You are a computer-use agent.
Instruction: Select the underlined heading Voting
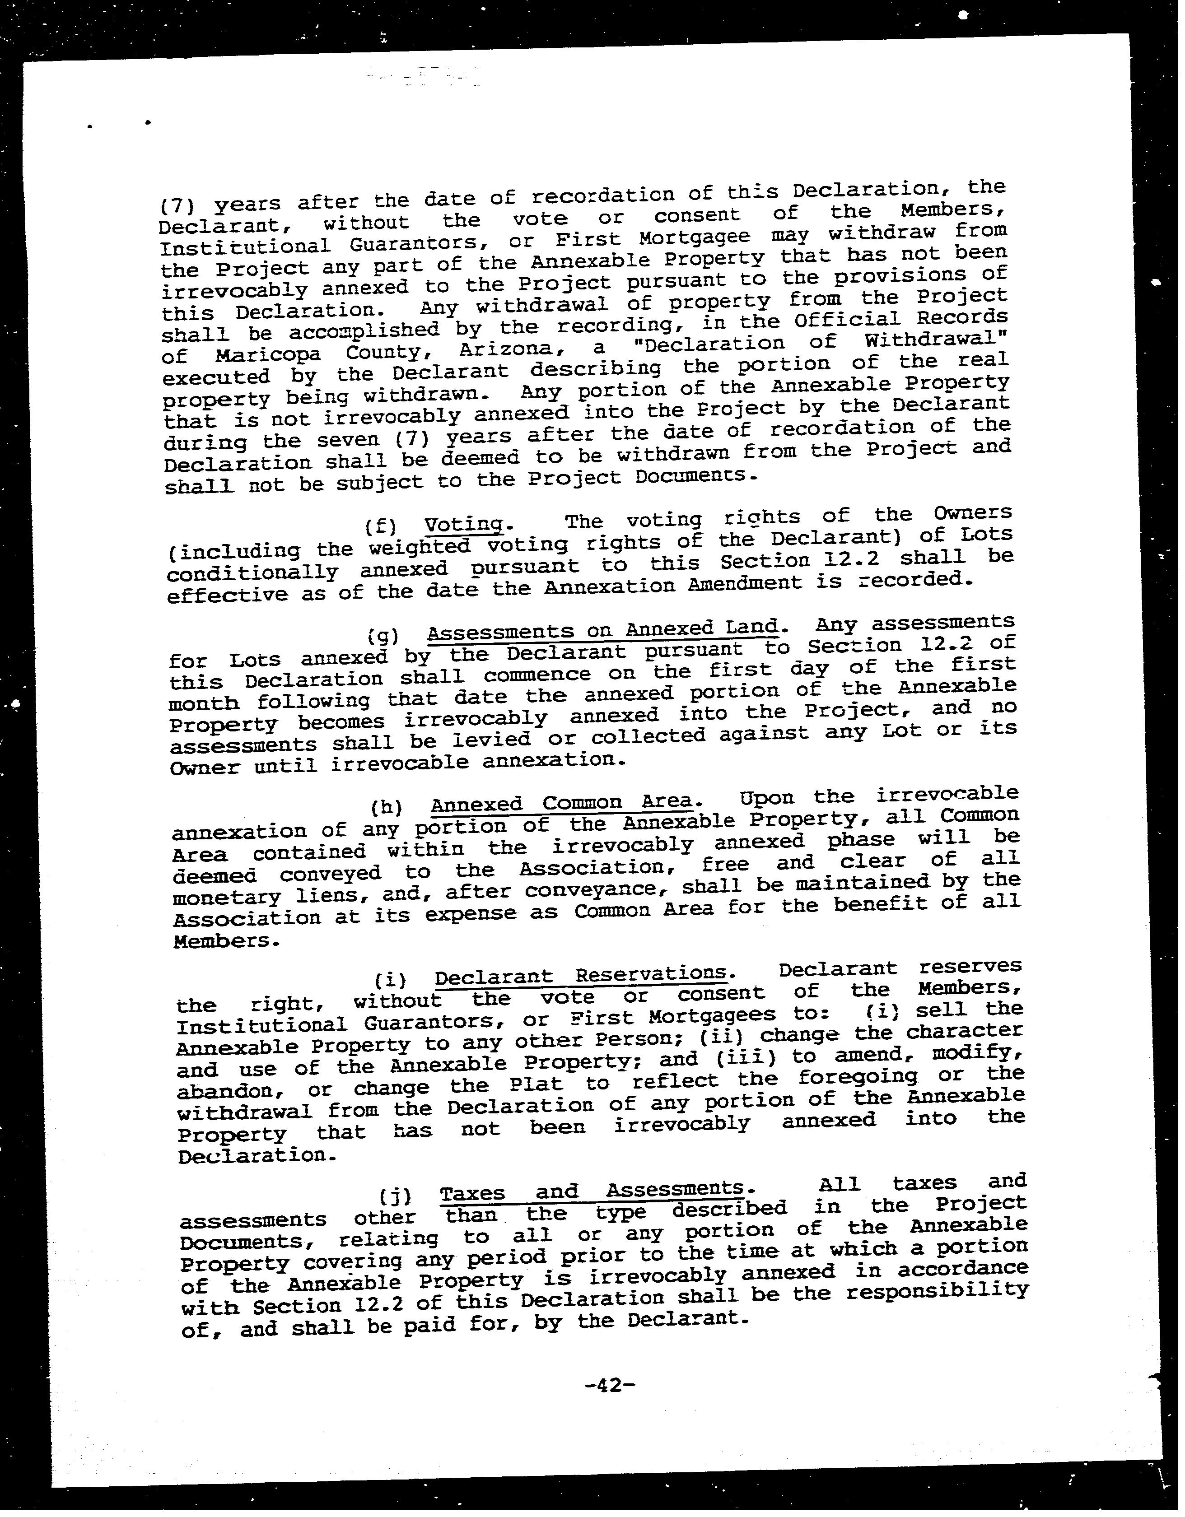tap(463, 525)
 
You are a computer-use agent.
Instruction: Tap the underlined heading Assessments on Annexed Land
tap(602, 630)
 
